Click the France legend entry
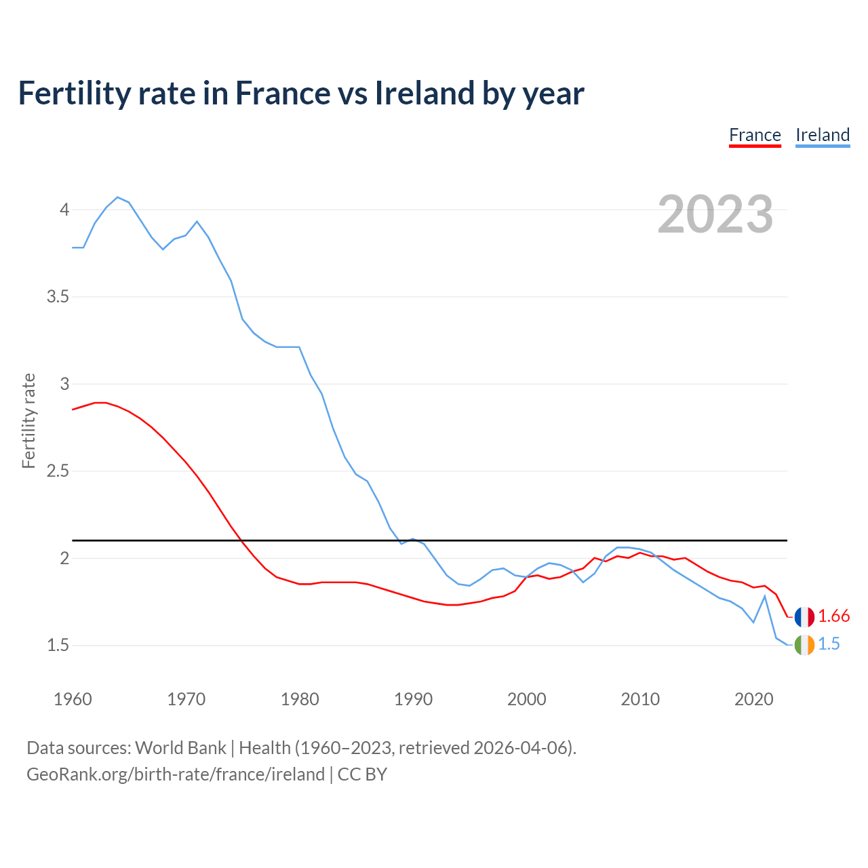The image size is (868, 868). [x=755, y=135]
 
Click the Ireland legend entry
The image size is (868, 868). [x=823, y=135]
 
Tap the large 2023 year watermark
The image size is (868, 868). [x=715, y=214]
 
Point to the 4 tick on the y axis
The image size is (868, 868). [x=64, y=210]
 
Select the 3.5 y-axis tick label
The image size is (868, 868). [x=58, y=297]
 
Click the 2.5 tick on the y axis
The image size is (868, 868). [x=58, y=471]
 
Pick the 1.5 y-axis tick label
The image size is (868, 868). [x=58, y=646]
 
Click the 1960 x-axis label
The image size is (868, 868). [x=73, y=699]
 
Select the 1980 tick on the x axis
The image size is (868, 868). [x=300, y=699]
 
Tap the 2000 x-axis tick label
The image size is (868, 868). [x=527, y=699]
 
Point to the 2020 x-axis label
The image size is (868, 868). [x=754, y=699]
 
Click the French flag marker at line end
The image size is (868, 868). [x=804, y=617]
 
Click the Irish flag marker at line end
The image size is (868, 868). [x=804, y=645]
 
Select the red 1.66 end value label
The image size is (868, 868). [x=833, y=616]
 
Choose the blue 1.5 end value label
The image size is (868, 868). [x=829, y=644]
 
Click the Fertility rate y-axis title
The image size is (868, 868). [x=28, y=420]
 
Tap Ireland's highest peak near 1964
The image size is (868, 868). [x=118, y=197]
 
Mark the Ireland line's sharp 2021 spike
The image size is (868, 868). [x=765, y=596]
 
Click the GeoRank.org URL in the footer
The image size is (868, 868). [x=176, y=774]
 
